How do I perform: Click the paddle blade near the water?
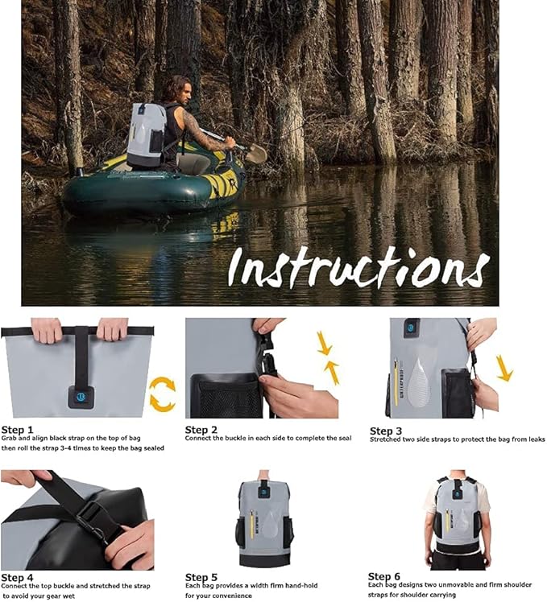(255, 153)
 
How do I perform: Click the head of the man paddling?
(178, 88)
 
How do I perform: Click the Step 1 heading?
(18, 430)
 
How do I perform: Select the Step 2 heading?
(201, 430)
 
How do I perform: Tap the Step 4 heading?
(18, 577)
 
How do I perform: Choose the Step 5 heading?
(201, 577)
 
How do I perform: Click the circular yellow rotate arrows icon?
(163, 394)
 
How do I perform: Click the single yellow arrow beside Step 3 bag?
(504, 368)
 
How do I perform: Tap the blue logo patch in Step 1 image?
(81, 396)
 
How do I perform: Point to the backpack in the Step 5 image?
(263, 523)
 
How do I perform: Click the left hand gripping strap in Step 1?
(47, 329)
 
